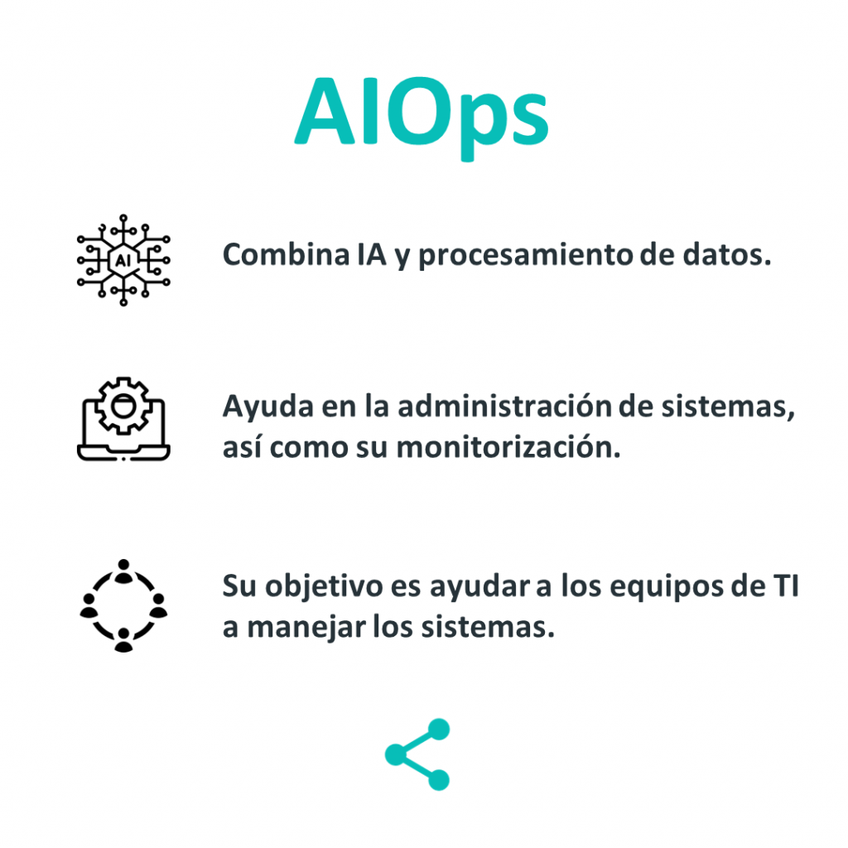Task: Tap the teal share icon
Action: pos(417,754)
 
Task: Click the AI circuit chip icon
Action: pos(123,258)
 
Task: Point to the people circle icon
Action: pos(123,605)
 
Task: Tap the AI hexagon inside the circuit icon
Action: pos(123,259)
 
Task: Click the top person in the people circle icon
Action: pos(123,569)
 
